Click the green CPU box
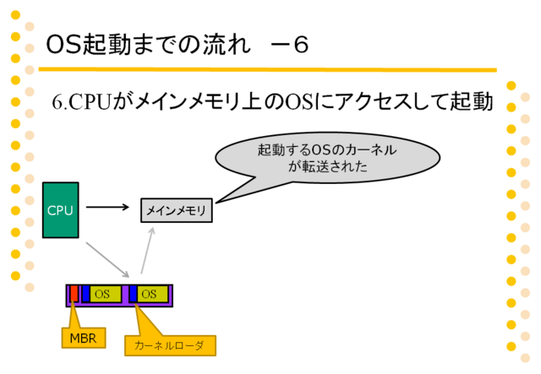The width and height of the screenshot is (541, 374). [x=61, y=210]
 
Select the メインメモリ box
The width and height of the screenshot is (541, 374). [x=177, y=210]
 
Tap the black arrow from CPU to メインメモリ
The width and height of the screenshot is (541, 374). [x=107, y=207]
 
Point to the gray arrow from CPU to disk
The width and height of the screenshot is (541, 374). [x=107, y=260]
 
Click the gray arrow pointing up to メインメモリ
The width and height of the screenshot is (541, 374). [x=148, y=251]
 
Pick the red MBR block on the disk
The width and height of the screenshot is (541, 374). [x=74, y=294]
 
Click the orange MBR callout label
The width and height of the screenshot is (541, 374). [x=84, y=339]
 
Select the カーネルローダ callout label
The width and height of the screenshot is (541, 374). [x=170, y=345]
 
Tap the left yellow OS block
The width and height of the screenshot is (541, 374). [x=106, y=294]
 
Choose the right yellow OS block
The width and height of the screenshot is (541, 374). [x=152, y=294]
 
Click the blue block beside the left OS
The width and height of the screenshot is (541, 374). [x=86, y=294]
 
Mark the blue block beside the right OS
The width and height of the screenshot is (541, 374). [x=134, y=294]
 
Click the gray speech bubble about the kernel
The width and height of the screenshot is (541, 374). [x=327, y=158]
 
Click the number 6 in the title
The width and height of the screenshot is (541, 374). [x=301, y=45]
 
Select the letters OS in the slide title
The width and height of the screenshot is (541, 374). [x=64, y=45]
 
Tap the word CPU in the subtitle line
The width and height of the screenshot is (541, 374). [x=90, y=102]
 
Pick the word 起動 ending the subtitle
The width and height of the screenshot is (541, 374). [x=472, y=102]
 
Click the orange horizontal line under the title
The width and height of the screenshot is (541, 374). [x=267, y=70]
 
